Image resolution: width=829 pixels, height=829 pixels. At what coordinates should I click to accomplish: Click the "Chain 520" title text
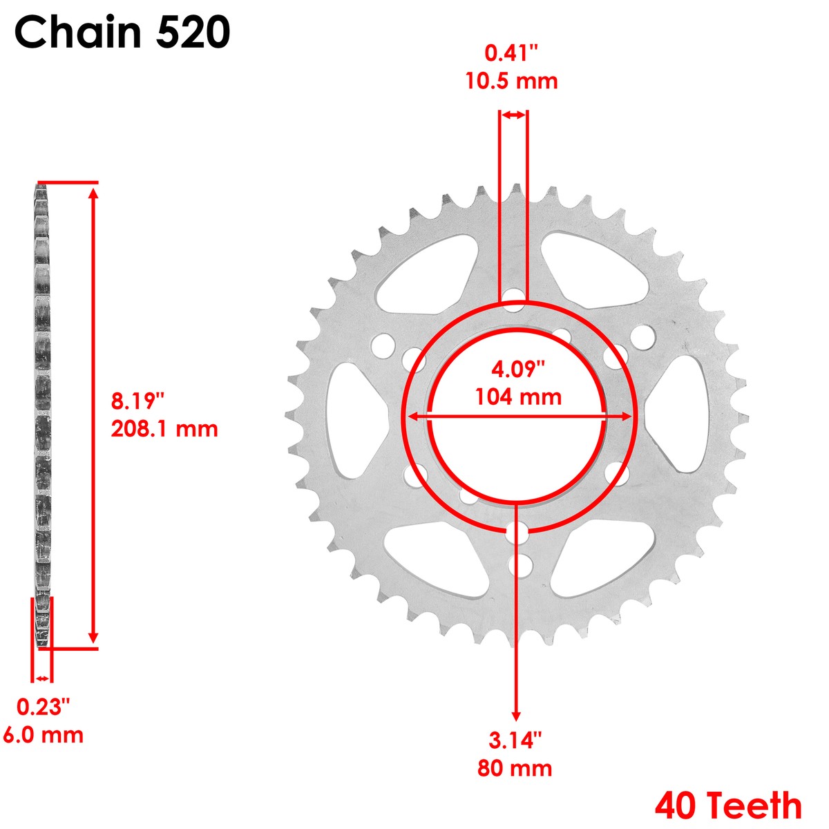[x=122, y=32]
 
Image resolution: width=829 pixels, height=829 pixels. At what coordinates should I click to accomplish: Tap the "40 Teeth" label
[x=728, y=806]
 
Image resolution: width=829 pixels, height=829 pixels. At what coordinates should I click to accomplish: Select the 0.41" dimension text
[x=511, y=53]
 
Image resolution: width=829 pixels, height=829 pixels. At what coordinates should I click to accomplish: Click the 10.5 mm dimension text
[x=511, y=81]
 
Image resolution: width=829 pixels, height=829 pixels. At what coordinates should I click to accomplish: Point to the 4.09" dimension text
[x=518, y=369]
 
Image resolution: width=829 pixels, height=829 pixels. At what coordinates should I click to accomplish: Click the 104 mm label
[x=518, y=397]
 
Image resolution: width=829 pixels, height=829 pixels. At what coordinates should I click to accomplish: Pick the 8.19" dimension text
[x=138, y=400]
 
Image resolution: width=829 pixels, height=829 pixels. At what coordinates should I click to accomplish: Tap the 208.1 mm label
[x=164, y=429]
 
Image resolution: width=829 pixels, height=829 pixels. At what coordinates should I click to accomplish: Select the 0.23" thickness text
[x=44, y=707]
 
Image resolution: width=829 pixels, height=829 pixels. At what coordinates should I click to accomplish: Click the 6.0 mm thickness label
[x=44, y=735]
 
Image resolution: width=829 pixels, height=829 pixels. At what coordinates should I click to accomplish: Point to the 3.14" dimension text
[x=515, y=741]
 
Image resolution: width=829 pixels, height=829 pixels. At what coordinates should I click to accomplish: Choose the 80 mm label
[x=515, y=768]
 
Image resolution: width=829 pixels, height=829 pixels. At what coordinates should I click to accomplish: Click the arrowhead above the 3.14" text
[x=515, y=716]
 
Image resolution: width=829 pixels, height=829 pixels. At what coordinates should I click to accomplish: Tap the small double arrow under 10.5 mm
[x=513, y=115]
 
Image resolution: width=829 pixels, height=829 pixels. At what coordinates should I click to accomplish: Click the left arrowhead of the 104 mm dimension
[x=413, y=417]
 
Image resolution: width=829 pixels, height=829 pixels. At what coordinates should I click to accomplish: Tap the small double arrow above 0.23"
[x=43, y=678]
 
